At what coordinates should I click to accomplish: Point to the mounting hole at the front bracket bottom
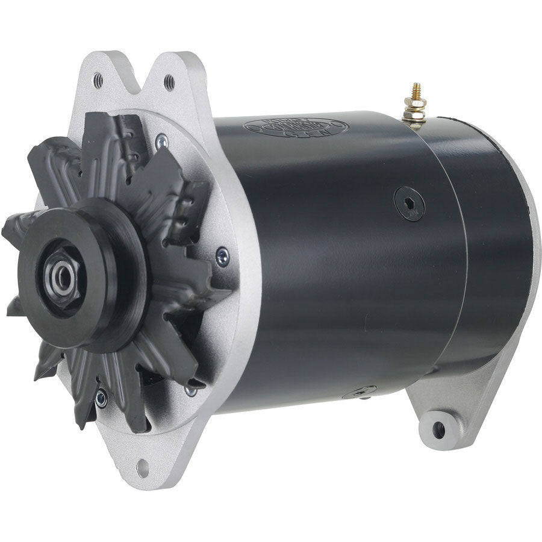tap(142, 467)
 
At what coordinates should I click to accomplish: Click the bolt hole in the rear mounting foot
tap(440, 429)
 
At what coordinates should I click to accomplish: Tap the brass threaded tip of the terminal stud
tap(415, 91)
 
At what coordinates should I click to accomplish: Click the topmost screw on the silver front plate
tap(161, 142)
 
